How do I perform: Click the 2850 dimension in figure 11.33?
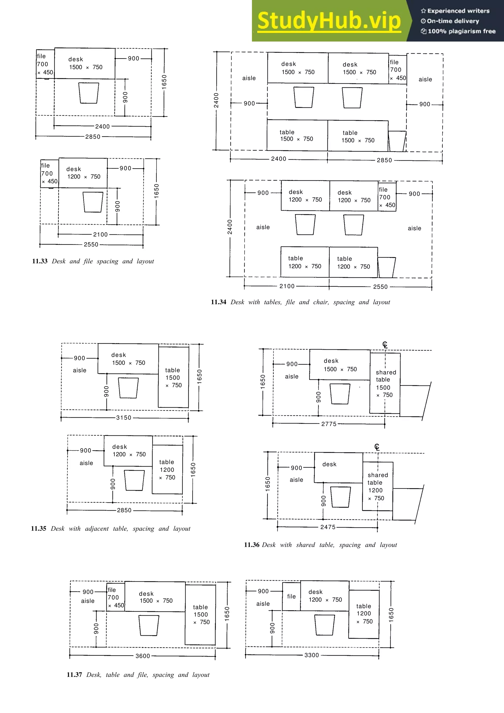93,137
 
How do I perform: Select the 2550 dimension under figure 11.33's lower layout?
91,244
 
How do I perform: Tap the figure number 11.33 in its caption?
40,261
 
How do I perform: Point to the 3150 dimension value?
124,418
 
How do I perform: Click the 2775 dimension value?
329,424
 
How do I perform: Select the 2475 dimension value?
328,527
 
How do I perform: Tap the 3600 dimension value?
142,656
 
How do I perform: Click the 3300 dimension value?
312,655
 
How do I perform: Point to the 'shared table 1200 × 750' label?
377,486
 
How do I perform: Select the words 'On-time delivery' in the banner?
453,21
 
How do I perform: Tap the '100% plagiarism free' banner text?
461,31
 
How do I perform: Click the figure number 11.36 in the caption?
252,545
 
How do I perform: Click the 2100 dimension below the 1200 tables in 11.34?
287,286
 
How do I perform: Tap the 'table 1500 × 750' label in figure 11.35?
173,377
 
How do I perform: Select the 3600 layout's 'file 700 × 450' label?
115,597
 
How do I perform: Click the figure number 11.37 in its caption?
74,674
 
